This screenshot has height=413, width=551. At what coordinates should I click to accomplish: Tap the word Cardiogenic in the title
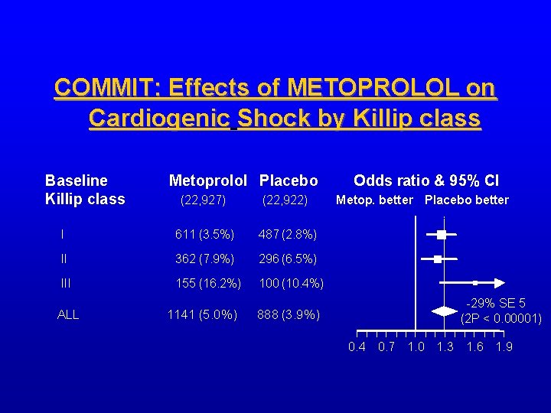(x=160, y=119)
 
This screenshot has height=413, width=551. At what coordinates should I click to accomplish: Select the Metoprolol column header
(x=207, y=181)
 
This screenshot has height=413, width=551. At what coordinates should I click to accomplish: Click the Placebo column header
(x=289, y=181)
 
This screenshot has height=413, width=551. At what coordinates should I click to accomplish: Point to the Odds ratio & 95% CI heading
(x=426, y=181)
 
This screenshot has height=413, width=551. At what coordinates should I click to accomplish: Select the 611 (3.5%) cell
(x=204, y=233)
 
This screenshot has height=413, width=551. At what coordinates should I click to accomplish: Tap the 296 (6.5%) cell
(x=288, y=259)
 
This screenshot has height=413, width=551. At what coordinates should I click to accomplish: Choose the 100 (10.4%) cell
(x=291, y=284)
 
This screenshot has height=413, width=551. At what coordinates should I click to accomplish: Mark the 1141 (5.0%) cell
(x=202, y=314)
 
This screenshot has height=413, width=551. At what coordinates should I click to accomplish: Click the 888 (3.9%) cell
(x=289, y=314)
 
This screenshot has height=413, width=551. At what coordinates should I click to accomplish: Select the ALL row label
(x=68, y=314)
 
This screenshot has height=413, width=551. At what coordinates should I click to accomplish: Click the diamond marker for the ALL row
(x=443, y=311)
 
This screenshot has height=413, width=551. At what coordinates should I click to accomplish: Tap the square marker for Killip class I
(x=442, y=234)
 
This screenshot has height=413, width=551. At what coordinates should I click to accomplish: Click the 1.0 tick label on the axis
(x=416, y=347)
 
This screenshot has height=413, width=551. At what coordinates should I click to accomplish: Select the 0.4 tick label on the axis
(x=357, y=347)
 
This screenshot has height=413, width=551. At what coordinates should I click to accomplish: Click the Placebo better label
(x=466, y=200)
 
